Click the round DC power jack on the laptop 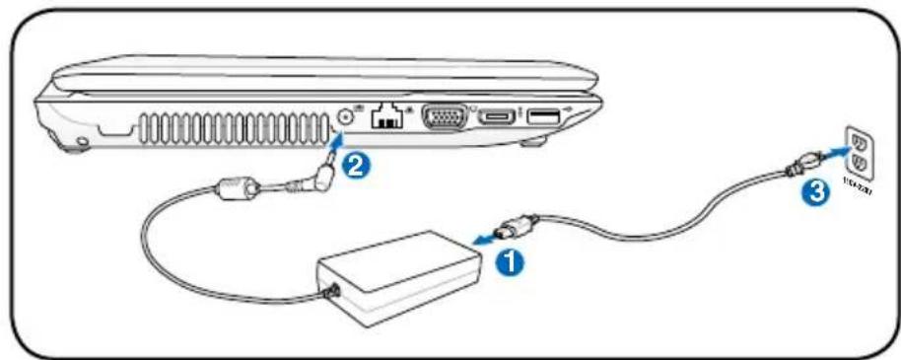(346, 115)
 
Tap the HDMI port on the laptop (498, 117)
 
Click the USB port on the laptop (543, 117)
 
